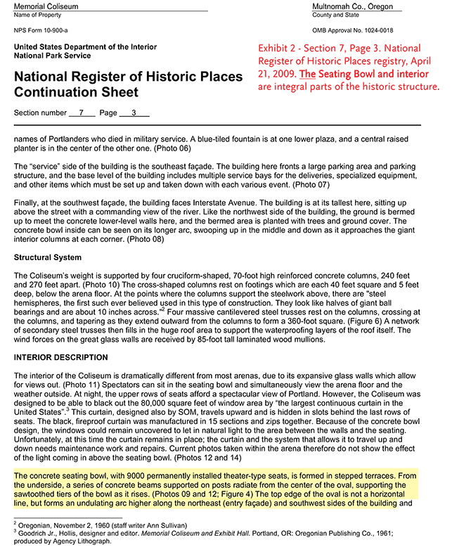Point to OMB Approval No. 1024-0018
[353, 30]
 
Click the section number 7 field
[82, 113]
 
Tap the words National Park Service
[52, 56]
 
